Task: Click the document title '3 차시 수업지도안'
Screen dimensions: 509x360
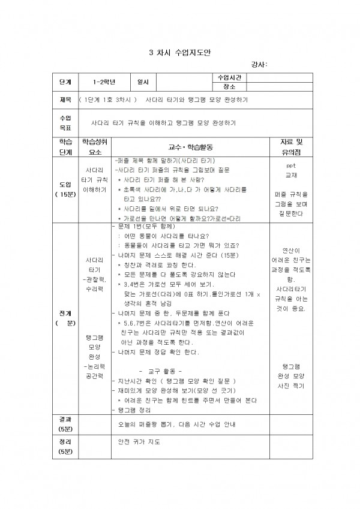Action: [179, 52]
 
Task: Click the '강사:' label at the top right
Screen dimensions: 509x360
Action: [259, 65]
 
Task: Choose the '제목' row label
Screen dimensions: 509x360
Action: [65, 100]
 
